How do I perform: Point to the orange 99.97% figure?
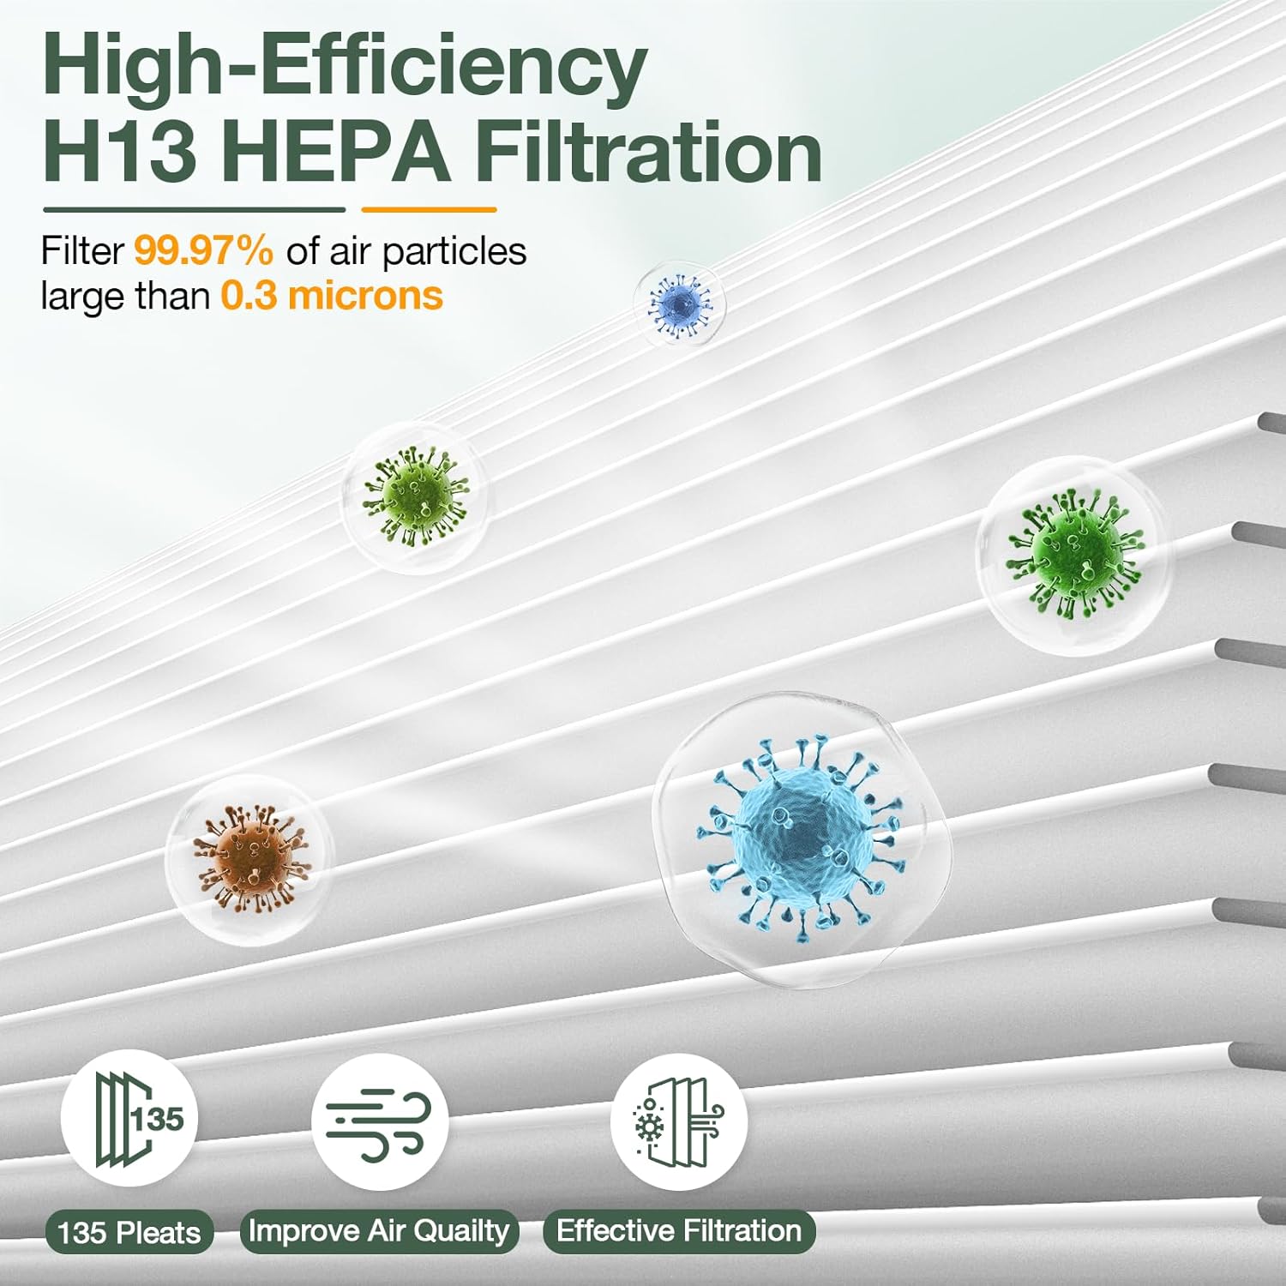point(204,251)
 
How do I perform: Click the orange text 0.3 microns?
point(332,296)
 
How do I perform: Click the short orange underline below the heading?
point(429,209)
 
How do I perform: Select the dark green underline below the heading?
point(194,209)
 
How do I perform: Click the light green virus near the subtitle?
point(416,496)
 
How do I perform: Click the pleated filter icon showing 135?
point(129,1118)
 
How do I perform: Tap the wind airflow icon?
point(380,1121)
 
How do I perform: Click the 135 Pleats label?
point(129,1233)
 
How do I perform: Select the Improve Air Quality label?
point(379,1231)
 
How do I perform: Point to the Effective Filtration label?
point(679,1231)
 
